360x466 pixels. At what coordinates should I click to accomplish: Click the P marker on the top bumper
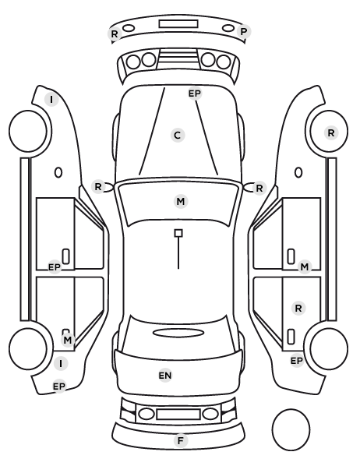point(244,31)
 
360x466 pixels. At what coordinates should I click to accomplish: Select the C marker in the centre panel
point(178,136)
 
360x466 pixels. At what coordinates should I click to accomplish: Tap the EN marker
point(165,376)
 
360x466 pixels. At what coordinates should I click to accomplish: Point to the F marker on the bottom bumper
point(181,441)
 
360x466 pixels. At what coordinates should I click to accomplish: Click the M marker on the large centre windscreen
point(181,202)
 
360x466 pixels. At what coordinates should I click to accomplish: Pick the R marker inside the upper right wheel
point(331,132)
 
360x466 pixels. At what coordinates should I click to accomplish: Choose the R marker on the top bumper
point(115,34)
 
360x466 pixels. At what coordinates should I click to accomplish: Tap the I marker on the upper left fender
point(51,100)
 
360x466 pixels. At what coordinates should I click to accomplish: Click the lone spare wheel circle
point(291,429)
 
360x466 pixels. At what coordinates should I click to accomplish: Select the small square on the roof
point(178,233)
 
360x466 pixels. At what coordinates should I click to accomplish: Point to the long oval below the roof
point(178,333)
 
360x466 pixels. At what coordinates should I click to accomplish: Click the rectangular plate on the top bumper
point(178,24)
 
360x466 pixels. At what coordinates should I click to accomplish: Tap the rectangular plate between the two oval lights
point(178,414)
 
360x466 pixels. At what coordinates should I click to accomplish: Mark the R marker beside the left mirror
point(98,187)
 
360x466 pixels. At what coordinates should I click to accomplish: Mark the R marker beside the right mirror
point(259,188)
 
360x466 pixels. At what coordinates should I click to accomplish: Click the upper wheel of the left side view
point(28,131)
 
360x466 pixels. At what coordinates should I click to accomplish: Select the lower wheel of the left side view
point(28,349)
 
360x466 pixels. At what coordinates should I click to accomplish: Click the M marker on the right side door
point(305,267)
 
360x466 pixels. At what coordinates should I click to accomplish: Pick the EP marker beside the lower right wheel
point(296,361)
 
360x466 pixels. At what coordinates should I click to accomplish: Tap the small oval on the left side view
point(58,172)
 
